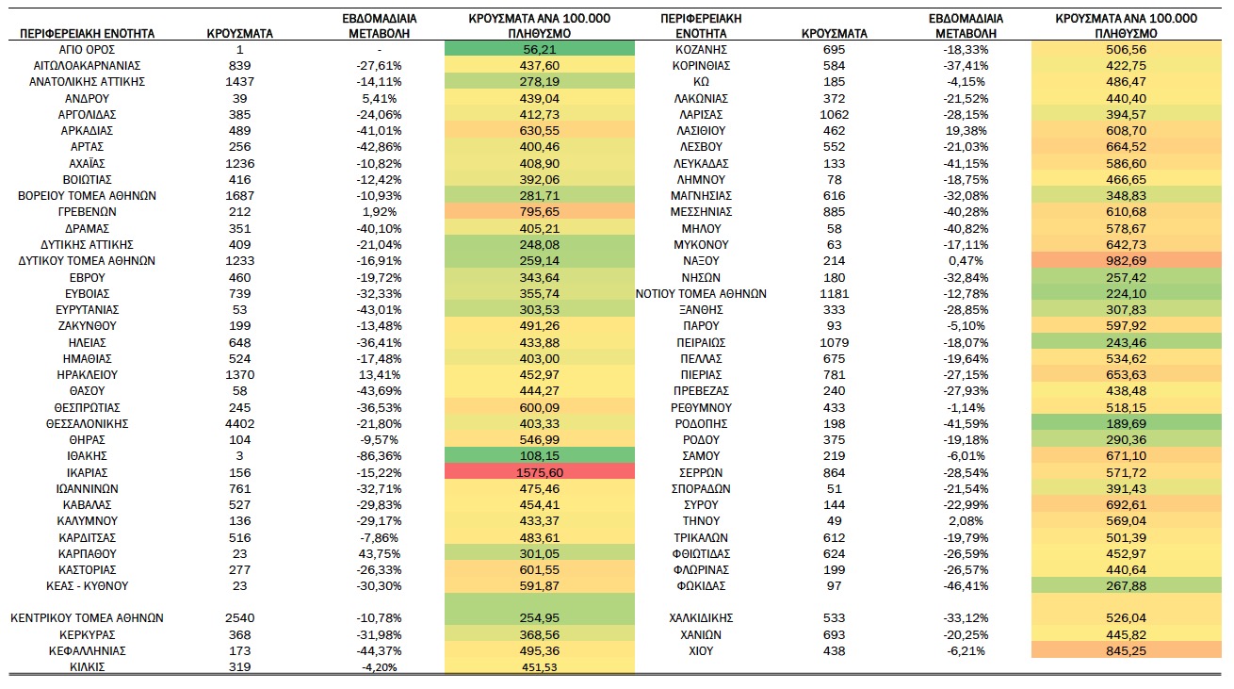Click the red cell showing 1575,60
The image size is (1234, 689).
point(540,472)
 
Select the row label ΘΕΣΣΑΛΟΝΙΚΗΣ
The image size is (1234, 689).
point(87,423)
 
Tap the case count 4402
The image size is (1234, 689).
point(239,423)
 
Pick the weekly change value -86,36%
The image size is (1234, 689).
point(379,456)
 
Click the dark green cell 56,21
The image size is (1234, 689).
point(540,49)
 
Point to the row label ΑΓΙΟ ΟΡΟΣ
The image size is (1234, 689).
point(87,49)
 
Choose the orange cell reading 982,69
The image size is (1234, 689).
point(1126,260)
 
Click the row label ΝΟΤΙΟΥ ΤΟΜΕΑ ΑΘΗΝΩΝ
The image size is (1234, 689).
point(701,293)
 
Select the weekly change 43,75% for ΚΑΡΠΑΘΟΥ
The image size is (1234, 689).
point(379,553)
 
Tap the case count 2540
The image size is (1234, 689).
point(239,618)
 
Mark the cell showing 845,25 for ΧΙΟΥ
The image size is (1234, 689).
point(1126,650)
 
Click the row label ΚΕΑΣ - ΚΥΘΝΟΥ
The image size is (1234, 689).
point(87,585)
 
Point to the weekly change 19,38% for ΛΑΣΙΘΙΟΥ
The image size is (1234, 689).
point(966,131)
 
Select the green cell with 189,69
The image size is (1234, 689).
point(1126,423)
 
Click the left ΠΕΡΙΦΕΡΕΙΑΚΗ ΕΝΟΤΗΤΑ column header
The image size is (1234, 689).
point(87,33)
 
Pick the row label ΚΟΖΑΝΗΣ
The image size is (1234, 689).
point(701,49)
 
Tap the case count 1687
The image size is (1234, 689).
point(239,196)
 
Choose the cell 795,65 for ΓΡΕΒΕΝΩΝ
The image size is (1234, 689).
point(540,212)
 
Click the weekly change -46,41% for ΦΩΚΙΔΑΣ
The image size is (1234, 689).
point(966,585)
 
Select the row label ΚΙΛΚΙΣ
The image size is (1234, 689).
point(87,666)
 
